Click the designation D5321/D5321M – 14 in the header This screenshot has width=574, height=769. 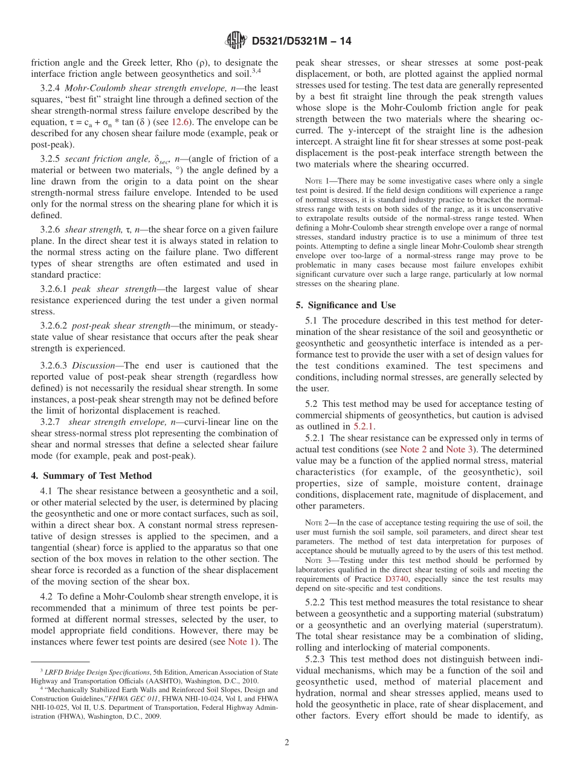[301, 41]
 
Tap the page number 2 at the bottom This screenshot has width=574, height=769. [286, 742]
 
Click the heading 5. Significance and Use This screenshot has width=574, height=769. [346, 305]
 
